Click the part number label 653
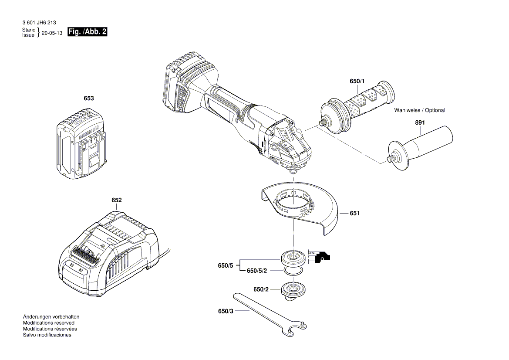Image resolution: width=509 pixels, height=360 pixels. [88, 98]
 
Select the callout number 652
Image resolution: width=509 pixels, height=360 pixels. [116, 200]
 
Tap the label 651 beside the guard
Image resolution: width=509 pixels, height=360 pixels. [354, 214]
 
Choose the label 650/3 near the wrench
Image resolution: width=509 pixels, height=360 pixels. [226, 311]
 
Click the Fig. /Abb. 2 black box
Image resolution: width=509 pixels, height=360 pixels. [88, 32]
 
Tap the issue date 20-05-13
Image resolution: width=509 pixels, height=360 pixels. [52, 33]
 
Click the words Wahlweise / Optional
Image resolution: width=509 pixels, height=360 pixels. [419, 110]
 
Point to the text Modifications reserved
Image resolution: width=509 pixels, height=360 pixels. [48, 323]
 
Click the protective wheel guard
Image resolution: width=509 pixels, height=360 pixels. [300, 207]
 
